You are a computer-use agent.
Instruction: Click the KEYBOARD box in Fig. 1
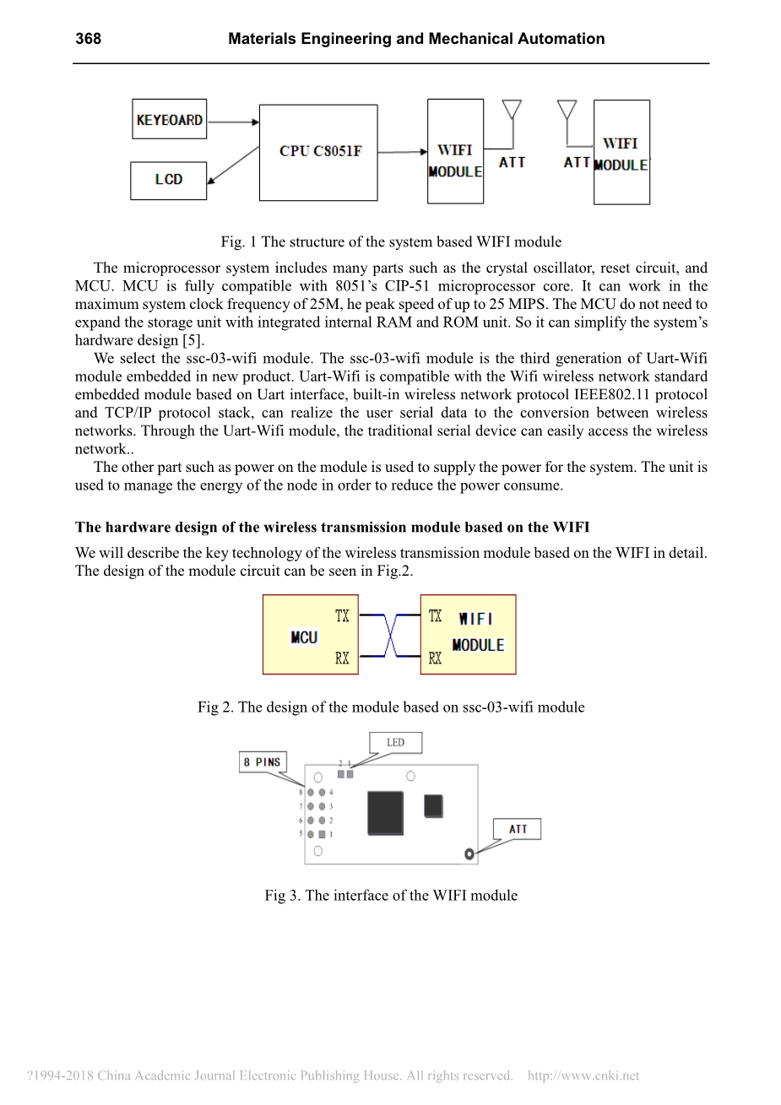(169, 119)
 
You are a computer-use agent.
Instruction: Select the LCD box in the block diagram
(168, 180)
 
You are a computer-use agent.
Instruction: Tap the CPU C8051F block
(318, 152)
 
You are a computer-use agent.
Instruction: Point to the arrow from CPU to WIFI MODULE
(402, 152)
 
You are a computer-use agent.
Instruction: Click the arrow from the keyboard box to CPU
(232, 122)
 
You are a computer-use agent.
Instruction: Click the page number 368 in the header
(88, 39)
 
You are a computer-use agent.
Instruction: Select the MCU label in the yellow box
(303, 637)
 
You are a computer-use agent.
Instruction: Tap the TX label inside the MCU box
(342, 615)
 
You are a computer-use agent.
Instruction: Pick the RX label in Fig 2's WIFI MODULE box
(435, 658)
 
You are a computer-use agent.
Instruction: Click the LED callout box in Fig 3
(395, 743)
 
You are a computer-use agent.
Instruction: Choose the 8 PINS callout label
(262, 762)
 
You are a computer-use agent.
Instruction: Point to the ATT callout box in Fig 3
(517, 829)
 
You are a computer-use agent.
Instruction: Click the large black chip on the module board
(385, 812)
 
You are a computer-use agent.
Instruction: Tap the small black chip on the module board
(433, 805)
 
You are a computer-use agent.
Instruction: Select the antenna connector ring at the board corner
(469, 854)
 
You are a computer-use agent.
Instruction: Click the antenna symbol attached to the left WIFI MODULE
(512, 111)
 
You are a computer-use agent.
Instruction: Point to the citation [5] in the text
(193, 340)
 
